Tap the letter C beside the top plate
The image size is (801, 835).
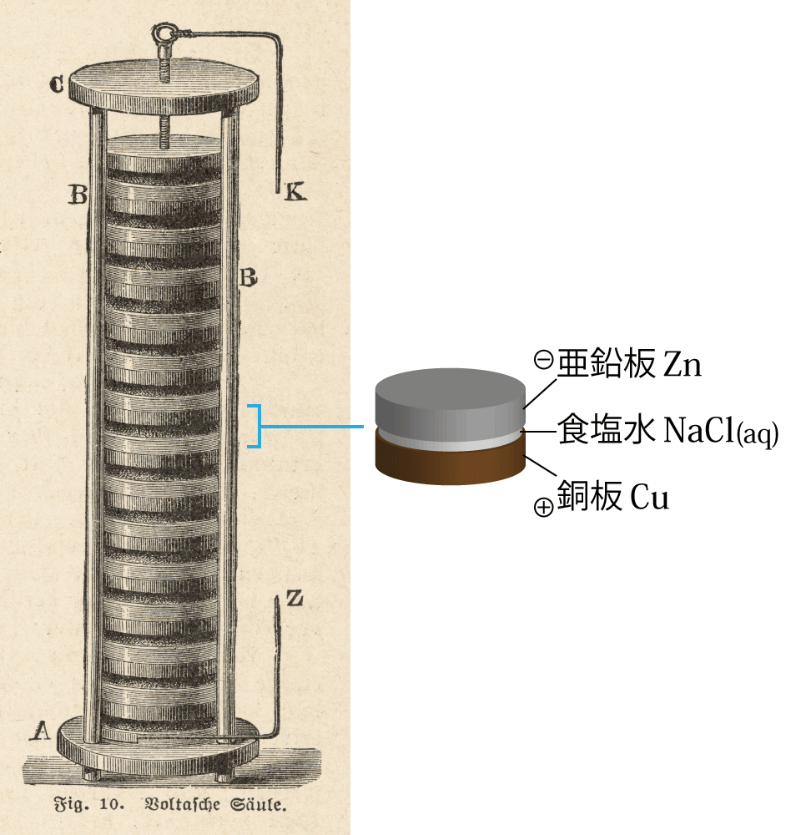click(x=56, y=84)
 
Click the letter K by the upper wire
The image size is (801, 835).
click(x=295, y=192)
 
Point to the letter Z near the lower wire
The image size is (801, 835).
click(x=295, y=599)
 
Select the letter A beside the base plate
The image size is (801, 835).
click(x=40, y=731)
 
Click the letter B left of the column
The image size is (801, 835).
click(x=78, y=195)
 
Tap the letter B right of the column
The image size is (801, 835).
click(x=248, y=278)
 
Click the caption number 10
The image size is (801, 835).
click(x=111, y=804)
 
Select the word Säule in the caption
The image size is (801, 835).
click(x=258, y=803)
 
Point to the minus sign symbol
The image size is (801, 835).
click(x=544, y=361)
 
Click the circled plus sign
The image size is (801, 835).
click(x=543, y=507)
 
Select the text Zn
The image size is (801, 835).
click(x=683, y=366)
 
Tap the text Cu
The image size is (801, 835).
click(x=649, y=498)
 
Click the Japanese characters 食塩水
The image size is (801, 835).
click(x=606, y=429)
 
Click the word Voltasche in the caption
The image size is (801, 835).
click(x=182, y=803)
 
